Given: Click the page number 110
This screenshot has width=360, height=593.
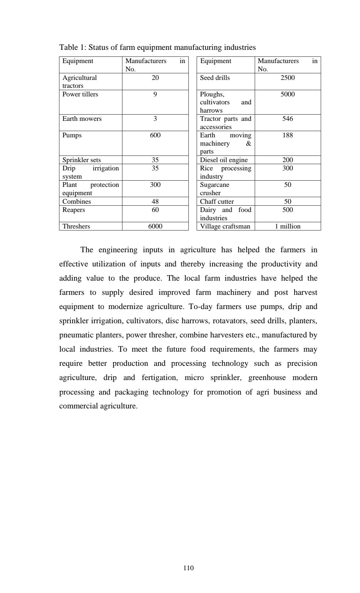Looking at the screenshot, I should (x=188, y=568).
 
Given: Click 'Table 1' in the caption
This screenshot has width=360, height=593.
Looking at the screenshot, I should (x=68, y=47).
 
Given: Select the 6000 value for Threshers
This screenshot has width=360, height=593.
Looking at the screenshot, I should (x=155, y=226).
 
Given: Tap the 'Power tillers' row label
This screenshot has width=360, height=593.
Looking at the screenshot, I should (x=80, y=94).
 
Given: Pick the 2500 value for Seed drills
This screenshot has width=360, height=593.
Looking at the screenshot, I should (x=287, y=78).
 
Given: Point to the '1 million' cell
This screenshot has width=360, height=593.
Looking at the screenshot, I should (x=287, y=226).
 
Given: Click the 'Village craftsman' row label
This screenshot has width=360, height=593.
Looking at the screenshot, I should (x=225, y=226).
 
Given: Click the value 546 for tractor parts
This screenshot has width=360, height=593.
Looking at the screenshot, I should (x=287, y=119).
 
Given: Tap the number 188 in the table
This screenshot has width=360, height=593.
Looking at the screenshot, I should (x=287, y=135).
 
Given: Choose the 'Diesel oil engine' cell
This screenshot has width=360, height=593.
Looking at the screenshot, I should (x=224, y=160).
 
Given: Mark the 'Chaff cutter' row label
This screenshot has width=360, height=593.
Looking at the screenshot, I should (x=217, y=201).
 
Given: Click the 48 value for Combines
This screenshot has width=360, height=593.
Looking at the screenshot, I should (x=155, y=201).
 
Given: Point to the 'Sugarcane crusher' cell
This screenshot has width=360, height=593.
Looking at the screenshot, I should (x=214, y=189).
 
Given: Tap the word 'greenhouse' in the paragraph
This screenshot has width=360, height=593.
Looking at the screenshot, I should (x=267, y=378).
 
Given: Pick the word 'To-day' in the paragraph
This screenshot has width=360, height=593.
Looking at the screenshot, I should (x=200, y=307).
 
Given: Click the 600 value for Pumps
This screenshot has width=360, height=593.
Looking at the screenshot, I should (x=155, y=135).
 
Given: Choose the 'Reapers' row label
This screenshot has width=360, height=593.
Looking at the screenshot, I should (x=74, y=210).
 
